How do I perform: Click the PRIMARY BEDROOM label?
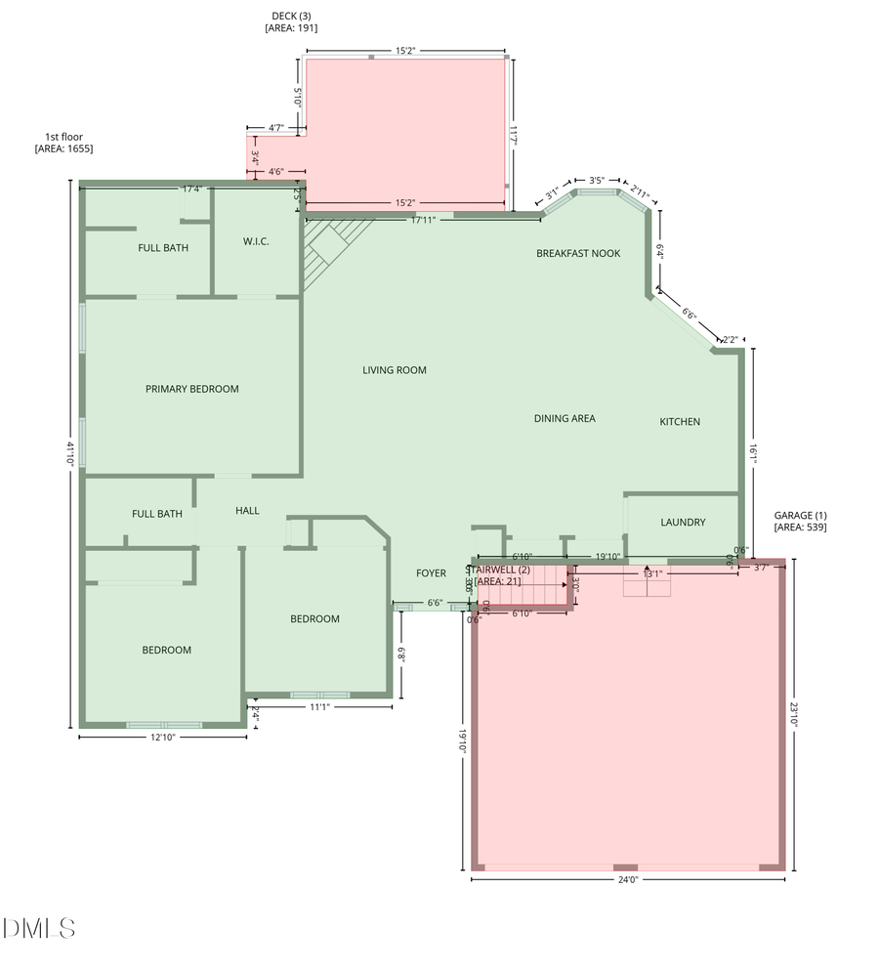[x=191, y=389]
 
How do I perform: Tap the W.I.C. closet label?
[x=256, y=241]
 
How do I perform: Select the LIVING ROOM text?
[x=395, y=370]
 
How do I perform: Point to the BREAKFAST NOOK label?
[x=578, y=254]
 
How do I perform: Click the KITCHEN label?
[x=680, y=422]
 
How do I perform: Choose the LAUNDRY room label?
[x=683, y=523]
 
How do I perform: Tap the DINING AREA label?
[x=565, y=418]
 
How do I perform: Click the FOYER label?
[x=431, y=573]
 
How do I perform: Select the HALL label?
[x=247, y=511]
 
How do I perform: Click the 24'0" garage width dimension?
[x=627, y=879]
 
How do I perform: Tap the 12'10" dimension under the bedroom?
[x=161, y=738]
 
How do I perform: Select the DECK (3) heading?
[x=291, y=16]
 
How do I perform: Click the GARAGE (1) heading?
[x=800, y=515]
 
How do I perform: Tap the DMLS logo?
[x=40, y=927]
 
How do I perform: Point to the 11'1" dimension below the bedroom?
[x=319, y=706]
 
